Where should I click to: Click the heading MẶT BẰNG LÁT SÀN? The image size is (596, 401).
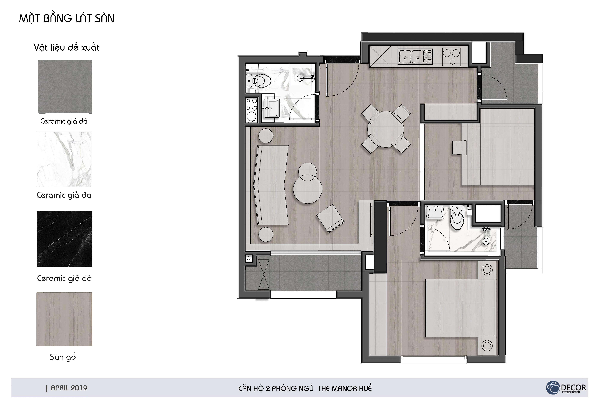pyautogui.click(x=67, y=19)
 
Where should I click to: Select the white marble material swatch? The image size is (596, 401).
pyautogui.click(x=64, y=159)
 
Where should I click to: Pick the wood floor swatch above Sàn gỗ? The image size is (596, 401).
pyautogui.click(x=64, y=319)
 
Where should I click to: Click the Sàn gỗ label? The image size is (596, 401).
pyautogui.click(x=63, y=357)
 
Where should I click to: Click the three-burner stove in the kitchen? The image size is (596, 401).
pyautogui.click(x=451, y=57)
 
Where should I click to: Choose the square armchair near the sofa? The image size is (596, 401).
pyautogui.click(x=330, y=218)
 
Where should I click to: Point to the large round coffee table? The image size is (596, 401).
pyautogui.click(x=308, y=189)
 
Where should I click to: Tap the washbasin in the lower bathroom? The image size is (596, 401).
pyautogui.click(x=435, y=212)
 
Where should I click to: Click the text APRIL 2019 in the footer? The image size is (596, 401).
pyautogui.click(x=69, y=388)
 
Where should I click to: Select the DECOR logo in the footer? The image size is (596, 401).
pyautogui.click(x=566, y=388)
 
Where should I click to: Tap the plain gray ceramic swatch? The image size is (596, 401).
pyautogui.click(x=65, y=87)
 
